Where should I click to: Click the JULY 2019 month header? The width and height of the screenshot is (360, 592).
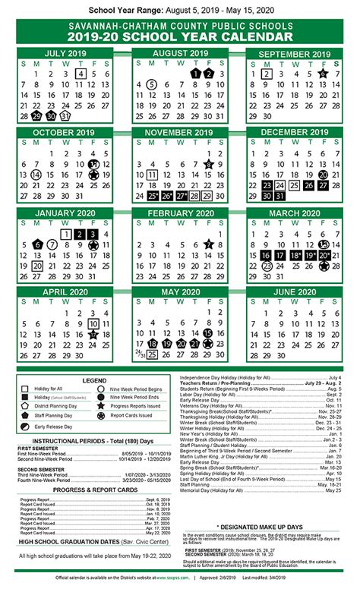(x=66, y=54)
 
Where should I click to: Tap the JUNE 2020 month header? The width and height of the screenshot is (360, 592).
(x=294, y=292)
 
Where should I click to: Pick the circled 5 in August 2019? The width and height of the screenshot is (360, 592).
(x=151, y=85)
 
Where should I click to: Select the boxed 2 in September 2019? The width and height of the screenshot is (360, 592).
(x=266, y=74)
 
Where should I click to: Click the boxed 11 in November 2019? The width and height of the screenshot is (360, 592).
(x=152, y=175)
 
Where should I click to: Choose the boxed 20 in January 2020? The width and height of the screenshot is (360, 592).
(x=37, y=266)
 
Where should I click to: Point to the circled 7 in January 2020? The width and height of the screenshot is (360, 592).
(x=52, y=244)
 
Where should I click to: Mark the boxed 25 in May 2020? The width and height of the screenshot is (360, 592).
(x=152, y=355)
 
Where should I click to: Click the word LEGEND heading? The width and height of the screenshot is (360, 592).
(x=94, y=379)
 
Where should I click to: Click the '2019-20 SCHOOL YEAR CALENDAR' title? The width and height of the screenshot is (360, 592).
(x=180, y=33)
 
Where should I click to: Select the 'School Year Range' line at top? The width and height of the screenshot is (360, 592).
(x=180, y=11)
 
